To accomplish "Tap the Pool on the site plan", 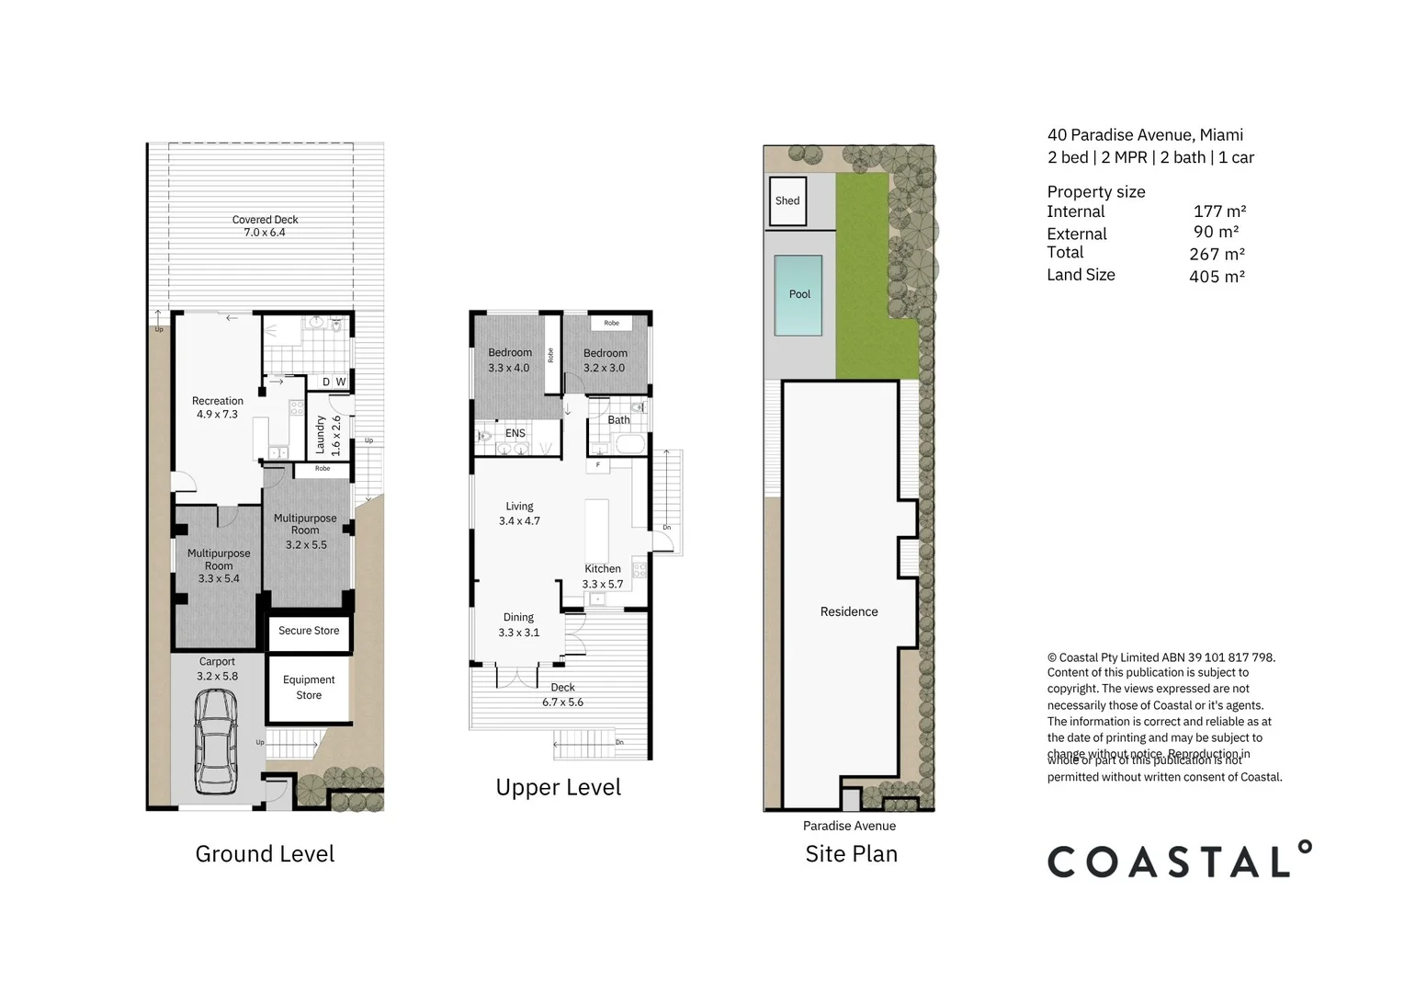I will point(798,295).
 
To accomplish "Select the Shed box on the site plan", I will point(787,200).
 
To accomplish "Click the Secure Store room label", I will point(309,631).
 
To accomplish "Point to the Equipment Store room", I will point(309,688).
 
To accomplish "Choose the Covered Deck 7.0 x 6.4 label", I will point(265,226).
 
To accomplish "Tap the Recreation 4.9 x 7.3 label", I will point(218,407).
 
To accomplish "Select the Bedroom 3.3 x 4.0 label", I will point(509,360).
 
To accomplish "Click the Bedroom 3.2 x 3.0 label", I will point(605,360).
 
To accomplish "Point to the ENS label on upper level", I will point(515,433).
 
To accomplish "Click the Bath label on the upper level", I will point(618,420).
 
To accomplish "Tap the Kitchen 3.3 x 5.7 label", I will point(603,576).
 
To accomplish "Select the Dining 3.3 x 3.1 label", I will point(518,625).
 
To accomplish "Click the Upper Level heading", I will point(558,788).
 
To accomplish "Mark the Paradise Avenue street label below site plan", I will point(849,826).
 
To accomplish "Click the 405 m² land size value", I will point(1217,276).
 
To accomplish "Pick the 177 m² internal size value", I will point(1219,211).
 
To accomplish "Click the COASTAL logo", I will point(1179,860).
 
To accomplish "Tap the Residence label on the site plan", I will point(848,611).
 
